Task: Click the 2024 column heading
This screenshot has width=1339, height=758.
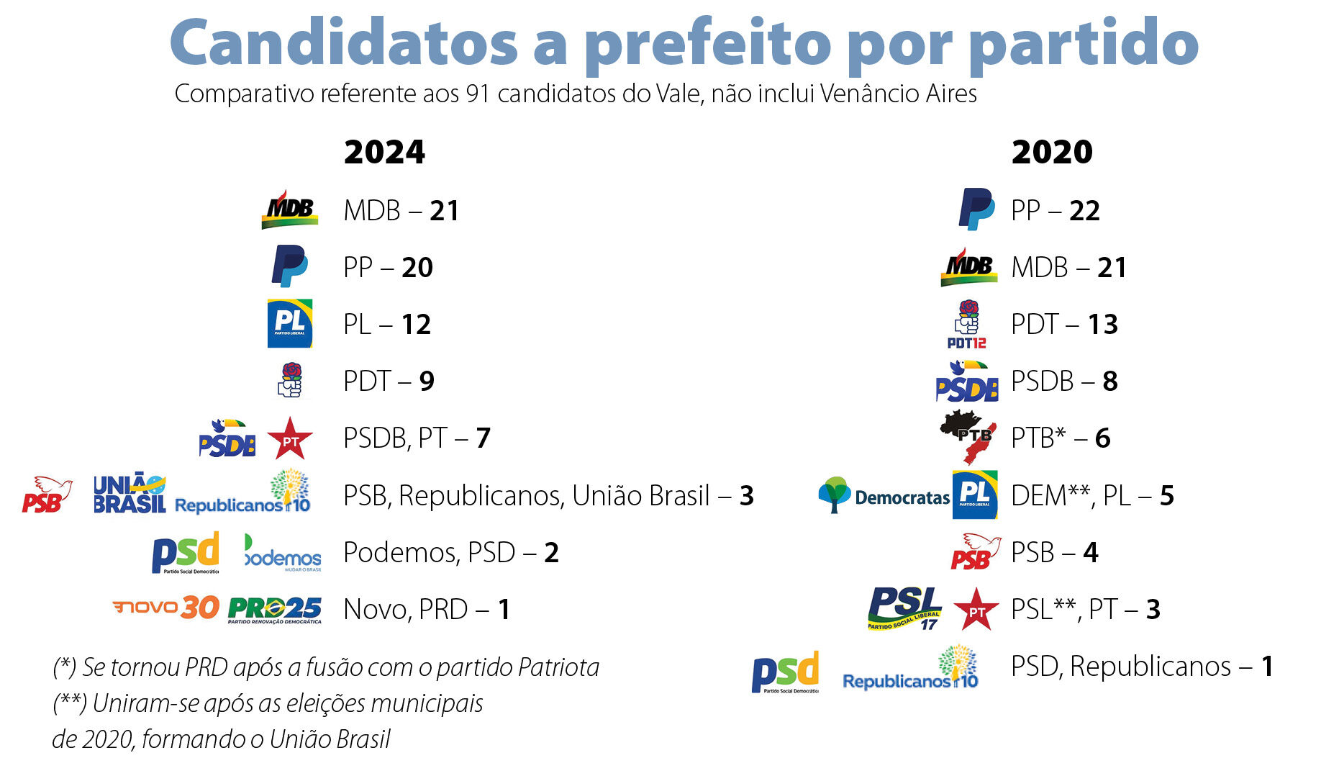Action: click(x=384, y=152)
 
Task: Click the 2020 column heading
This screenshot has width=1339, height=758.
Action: click(x=1052, y=152)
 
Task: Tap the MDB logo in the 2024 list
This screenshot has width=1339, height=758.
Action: click(x=290, y=209)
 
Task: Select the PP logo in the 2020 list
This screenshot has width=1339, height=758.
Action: click(x=976, y=209)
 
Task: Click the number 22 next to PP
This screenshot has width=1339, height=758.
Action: click(x=1084, y=210)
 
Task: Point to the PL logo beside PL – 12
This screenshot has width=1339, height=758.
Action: click(x=290, y=323)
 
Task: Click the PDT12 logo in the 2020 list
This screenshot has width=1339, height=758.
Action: click(x=967, y=324)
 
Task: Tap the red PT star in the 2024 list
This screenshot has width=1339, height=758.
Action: click(x=290, y=438)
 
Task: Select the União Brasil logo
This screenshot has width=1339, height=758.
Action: click(x=130, y=493)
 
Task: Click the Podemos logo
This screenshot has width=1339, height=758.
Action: click(x=283, y=553)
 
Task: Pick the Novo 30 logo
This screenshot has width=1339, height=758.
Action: click(x=166, y=608)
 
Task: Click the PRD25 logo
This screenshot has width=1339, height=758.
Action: click(x=275, y=610)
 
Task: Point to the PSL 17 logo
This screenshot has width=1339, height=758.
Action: click(x=904, y=609)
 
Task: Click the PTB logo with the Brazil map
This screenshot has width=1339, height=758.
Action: click(x=969, y=436)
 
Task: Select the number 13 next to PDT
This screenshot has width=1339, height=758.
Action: click(x=1102, y=324)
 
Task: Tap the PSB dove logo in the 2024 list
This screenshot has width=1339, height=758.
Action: click(x=47, y=494)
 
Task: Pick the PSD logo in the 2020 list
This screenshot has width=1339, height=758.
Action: click(x=785, y=672)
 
